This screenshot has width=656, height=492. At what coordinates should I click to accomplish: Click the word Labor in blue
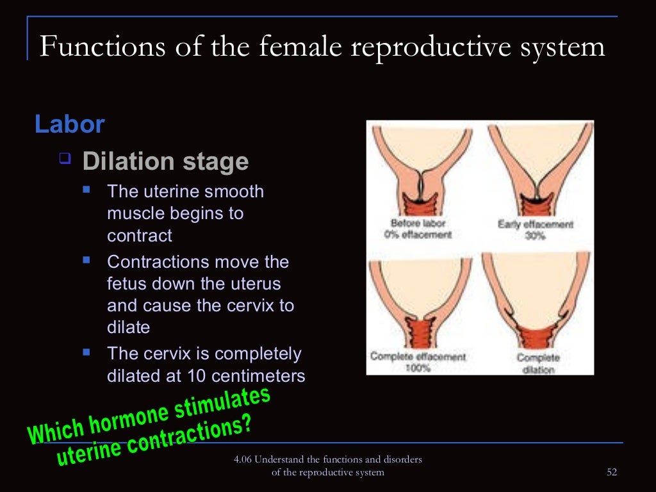(69, 124)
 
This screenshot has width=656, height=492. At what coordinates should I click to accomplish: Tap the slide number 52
(611, 473)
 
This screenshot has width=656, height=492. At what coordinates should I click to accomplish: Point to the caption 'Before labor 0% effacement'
(418, 229)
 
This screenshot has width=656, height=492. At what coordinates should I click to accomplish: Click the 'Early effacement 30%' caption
(536, 229)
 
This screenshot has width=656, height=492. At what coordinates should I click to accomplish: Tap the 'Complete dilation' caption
(538, 363)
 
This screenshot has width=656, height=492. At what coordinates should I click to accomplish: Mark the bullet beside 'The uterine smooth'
(86, 190)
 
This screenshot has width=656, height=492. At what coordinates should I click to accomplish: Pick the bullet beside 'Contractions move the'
(86, 260)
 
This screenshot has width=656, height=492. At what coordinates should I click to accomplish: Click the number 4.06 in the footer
(244, 460)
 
